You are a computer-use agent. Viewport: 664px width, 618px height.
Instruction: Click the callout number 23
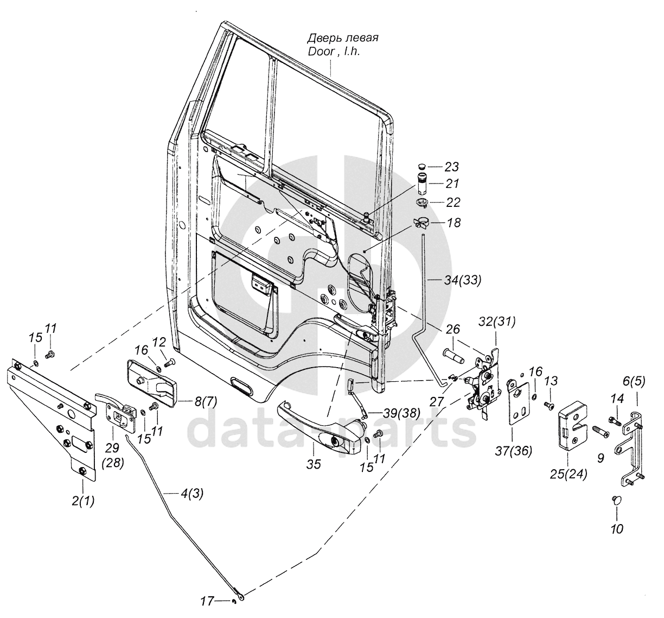[x=452, y=167]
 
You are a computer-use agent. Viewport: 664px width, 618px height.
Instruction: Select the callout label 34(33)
[x=462, y=281]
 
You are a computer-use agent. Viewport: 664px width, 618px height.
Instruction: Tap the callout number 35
[x=314, y=464]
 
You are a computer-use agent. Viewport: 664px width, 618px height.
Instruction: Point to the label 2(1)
[x=83, y=501]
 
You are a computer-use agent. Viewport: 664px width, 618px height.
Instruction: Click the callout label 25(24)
[x=569, y=475]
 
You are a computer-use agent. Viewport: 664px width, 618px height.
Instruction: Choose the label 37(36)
[x=513, y=451]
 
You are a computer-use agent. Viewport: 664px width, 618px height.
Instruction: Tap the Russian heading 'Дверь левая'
[x=343, y=38]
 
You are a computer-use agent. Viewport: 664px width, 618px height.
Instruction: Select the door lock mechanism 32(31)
[x=485, y=383]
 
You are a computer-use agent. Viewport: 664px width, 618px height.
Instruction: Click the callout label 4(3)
[x=191, y=494]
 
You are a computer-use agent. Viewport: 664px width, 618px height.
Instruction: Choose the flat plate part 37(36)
[x=519, y=402]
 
